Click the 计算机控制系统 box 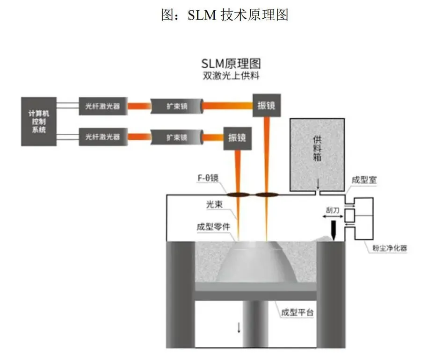click(39, 122)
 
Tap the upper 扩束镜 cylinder click(177, 106)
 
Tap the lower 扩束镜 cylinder click(177, 137)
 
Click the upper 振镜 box click(266, 105)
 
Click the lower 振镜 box click(237, 137)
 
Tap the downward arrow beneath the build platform click(239, 327)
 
